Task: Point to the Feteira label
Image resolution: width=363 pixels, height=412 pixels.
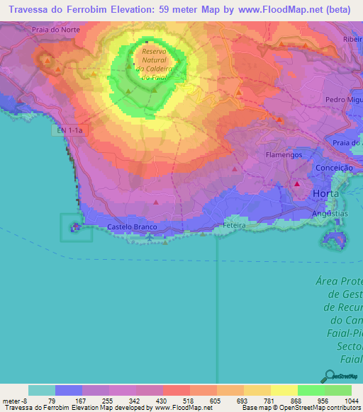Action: pyautogui.click(x=233, y=225)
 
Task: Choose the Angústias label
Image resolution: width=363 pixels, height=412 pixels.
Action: pyautogui.click(x=331, y=213)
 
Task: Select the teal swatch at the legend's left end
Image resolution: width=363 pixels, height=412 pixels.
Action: pyautogui.click(x=42, y=390)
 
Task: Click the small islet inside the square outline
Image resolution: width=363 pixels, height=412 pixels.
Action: pyautogui.click(x=74, y=227)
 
